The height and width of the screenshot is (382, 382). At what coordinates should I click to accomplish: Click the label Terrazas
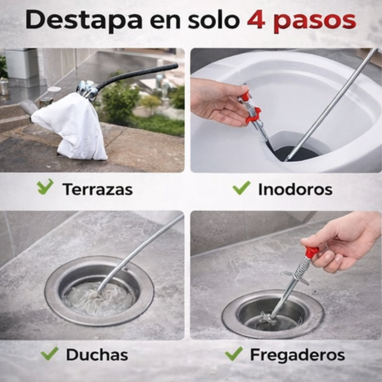coord(98,189)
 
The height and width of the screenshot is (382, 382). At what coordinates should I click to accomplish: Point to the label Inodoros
coord(295,189)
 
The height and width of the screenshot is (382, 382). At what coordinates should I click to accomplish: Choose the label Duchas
coord(97,355)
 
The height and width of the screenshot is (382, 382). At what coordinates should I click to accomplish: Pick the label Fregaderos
coord(297,355)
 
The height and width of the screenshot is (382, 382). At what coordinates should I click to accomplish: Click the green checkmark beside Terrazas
coord(45,187)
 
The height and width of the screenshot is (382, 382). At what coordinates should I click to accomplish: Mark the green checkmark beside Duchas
coord(50,353)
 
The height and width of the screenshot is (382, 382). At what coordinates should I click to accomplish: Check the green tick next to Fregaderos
coord(234,354)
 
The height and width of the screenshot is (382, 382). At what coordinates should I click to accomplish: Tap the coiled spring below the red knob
coord(302,268)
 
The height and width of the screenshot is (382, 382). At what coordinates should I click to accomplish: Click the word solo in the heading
coord(214,20)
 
